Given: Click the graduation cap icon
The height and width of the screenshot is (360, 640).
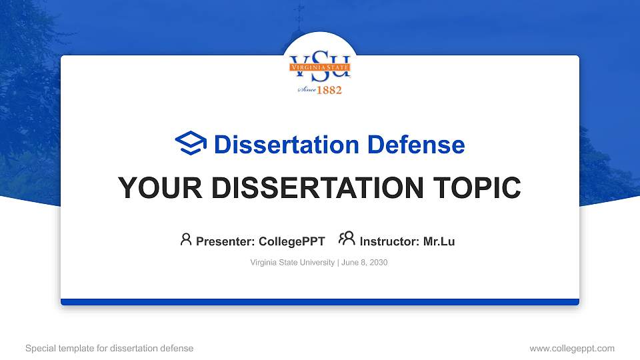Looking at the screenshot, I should click(x=191, y=143).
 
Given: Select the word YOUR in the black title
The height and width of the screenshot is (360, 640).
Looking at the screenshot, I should click(x=151, y=188).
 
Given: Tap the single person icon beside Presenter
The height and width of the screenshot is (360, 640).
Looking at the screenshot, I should click(x=186, y=239).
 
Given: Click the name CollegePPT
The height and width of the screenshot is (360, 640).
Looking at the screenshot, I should click(x=291, y=241).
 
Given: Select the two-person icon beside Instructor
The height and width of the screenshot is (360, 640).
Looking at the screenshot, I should click(x=347, y=239).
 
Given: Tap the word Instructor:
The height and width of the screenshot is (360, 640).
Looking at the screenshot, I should click(x=389, y=241).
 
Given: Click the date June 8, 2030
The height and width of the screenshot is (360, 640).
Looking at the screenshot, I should click(x=365, y=263).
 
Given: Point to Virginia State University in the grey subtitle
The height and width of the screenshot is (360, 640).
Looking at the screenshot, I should click(x=293, y=263).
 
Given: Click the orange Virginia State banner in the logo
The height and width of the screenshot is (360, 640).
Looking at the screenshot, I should click(x=320, y=67).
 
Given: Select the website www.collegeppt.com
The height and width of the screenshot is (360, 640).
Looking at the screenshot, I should click(x=571, y=348).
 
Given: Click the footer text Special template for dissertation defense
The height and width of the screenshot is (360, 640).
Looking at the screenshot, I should click(x=109, y=348).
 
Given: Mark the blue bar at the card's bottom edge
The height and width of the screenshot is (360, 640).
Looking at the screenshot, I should click(x=320, y=302).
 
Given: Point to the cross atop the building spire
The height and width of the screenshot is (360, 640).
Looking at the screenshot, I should click(x=299, y=12).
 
